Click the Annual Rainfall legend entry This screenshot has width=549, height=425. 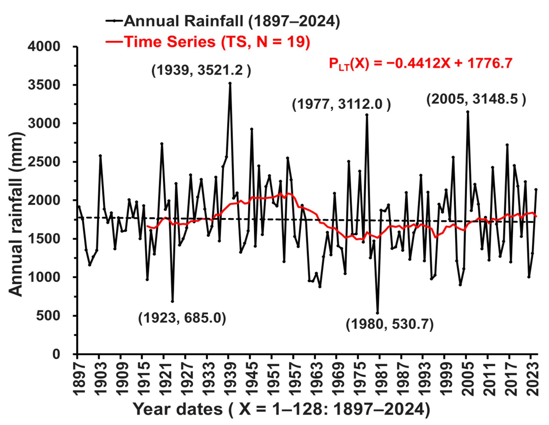click(x=223, y=21)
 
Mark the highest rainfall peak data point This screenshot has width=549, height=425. click(x=230, y=83)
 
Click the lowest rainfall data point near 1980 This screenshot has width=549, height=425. click(x=378, y=313)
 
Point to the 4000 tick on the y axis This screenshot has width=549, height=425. click(x=44, y=47)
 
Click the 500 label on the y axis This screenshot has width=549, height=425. click(x=48, y=316)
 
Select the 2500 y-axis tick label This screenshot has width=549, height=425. click(x=44, y=162)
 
